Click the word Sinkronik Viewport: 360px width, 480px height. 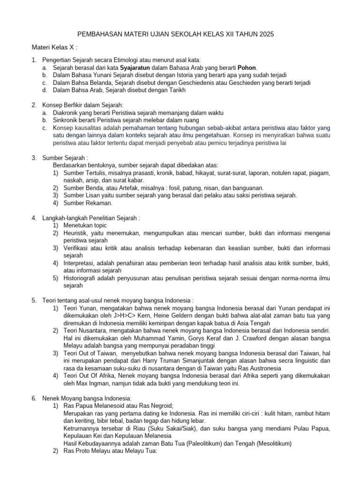[x=67, y=120]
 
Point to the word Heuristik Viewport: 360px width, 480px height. [x=77, y=233]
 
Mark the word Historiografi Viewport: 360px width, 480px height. [x=83, y=278]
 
